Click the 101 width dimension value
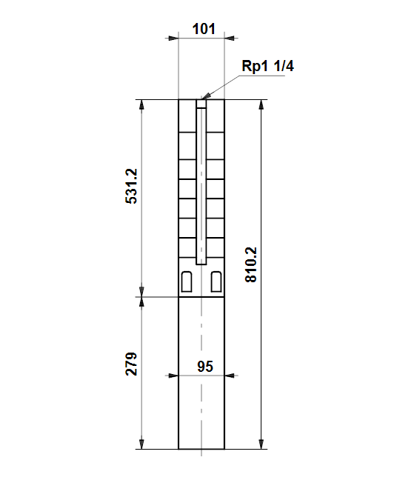(x=204, y=29)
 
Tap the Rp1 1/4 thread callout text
(x=268, y=66)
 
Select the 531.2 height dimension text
(x=132, y=186)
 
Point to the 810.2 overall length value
(x=251, y=264)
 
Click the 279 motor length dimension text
(x=132, y=364)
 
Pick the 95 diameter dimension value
(x=205, y=367)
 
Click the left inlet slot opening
(x=187, y=281)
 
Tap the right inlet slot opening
(x=216, y=281)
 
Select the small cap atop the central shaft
(x=201, y=104)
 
